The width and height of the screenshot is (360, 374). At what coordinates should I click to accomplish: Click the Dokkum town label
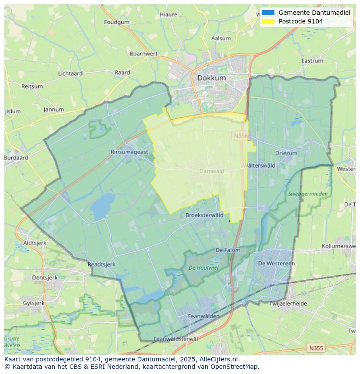click(x=211, y=78)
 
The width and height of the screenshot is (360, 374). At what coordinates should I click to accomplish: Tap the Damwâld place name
click(x=212, y=171)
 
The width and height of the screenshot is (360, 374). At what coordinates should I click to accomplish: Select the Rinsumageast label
click(x=129, y=152)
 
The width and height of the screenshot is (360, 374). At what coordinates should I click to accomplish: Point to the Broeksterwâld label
click(x=204, y=215)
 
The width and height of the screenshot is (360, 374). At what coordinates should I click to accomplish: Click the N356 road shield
click(x=240, y=136)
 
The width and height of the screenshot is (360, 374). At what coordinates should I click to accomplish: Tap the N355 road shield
click(x=316, y=348)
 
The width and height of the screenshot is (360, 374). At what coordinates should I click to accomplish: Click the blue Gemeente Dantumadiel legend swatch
click(x=268, y=13)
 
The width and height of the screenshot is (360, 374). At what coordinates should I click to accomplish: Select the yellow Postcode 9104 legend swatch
click(x=268, y=21)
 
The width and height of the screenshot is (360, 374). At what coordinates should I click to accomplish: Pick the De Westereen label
click(x=276, y=263)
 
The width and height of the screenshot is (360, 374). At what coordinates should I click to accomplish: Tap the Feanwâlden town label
click(x=203, y=317)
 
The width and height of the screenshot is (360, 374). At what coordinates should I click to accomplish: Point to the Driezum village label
click(x=286, y=153)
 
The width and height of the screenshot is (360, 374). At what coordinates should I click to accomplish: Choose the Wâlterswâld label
click(x=259, y=165)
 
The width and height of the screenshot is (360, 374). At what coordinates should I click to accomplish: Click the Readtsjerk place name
click(x=101, y=264)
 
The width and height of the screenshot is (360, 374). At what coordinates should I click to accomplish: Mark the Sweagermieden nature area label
click(x=308, y=194)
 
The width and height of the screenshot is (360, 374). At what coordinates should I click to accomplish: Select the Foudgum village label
click(x=117, y=22)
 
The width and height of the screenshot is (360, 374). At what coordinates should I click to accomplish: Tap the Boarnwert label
click(x=143, y=54)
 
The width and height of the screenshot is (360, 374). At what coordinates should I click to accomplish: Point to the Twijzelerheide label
click(x=288, y=304)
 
